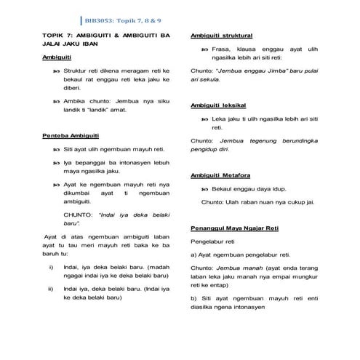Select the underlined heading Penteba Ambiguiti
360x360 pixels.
(x=71, y=135)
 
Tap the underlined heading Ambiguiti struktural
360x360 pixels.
(x=220, y=35)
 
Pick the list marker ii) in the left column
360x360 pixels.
(x=50, y=288)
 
